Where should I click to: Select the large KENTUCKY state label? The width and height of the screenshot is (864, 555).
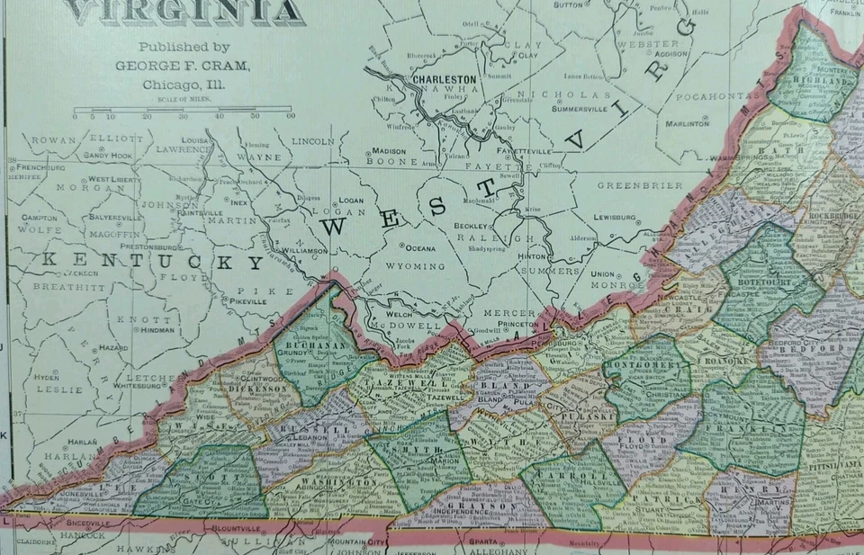[153, 261]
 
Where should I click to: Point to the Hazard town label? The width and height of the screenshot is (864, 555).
[114, 346]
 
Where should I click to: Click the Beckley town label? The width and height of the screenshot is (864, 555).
[468, 225]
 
